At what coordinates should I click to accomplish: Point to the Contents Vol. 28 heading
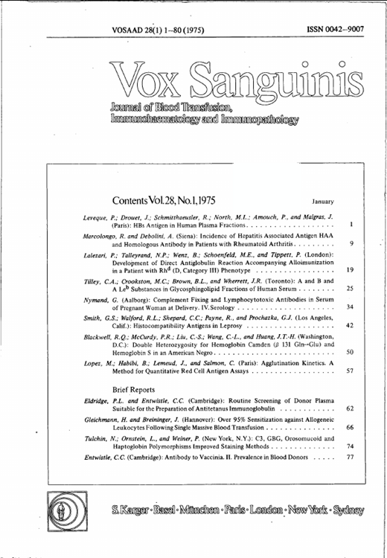[x=164, y=201]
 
